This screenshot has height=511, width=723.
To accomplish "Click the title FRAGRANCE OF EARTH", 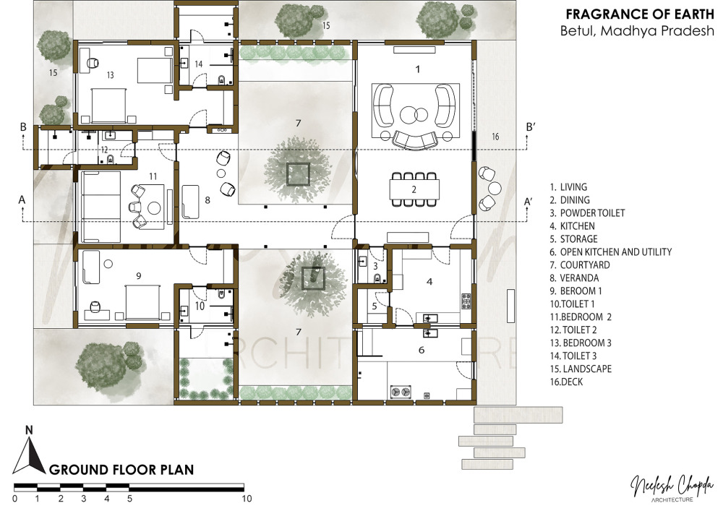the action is pyautogui.click(x=640, y=14).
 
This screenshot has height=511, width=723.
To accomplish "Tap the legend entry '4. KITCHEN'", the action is pyautogui.click(x=572, y=226).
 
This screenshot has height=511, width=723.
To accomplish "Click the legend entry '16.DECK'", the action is pyautogui.click(x=566, y=382).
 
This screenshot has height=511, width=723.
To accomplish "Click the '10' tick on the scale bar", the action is pyautogui.click(x=247, y=498).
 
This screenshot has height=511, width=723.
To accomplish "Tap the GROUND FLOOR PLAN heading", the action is pyautogui.click(x=121, y=470).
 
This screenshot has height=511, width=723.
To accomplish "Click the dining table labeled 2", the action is pyautogui.click(x=414, y=189).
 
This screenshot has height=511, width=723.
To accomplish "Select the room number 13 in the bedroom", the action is pyautogui.click(x=110, y=74).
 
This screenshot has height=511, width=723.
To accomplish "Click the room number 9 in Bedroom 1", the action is pyautogui.click(x=138, y=275).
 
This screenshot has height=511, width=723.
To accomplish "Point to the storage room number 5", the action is pyautogui.click(x=375, y=306).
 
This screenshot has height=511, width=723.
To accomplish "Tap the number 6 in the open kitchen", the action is pyautogui.click(x=421, y=351).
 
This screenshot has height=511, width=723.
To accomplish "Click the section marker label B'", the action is pyautogui.click(x=530, y=126).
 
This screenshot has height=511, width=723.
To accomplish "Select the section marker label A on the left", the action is pyautogui.click(x=22, y=200).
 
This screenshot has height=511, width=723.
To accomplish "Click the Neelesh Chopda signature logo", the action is pyautogui.click(x=672, y=487).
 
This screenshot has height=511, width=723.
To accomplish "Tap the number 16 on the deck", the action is pyautogui.click(x=495, y=137).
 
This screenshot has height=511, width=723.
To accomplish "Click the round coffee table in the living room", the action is pyautogui.click(x=408, y=115).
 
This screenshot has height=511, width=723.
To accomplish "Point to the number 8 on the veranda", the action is pyautogui.click(x=208, y=200).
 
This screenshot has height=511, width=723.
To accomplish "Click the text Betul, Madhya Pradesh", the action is pyautogui.click(x=637, y=31).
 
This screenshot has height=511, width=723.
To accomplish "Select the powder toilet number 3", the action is pyautogui.click(x=375, y=266).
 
